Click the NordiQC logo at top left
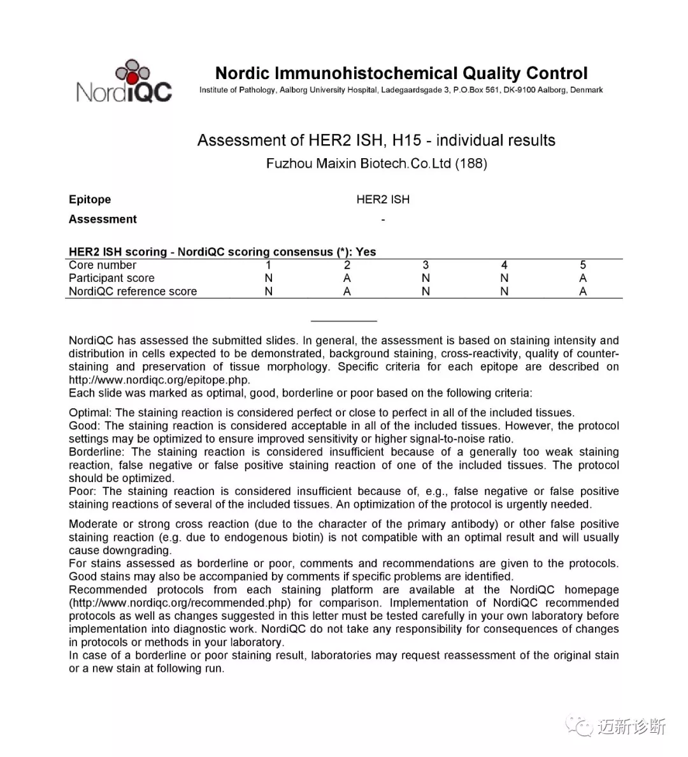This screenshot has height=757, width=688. (x=124, y=82)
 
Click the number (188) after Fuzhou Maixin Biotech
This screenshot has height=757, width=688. (x=471, y=163)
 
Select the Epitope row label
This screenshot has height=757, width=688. (x=90, y=200)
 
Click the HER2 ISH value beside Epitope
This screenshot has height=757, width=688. (x=383, y=200)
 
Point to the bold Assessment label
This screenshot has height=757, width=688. (x=103, y=219)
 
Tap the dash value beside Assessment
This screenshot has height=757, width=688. (x=383, y=220)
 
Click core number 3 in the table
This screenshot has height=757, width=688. (x=426, y=265)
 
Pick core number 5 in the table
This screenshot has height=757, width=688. (x=583, y=265)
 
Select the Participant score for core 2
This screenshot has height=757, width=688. (x=347, y=278)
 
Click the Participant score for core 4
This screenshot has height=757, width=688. (x=505, y=278)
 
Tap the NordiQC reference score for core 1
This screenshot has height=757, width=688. (x=268, y=291)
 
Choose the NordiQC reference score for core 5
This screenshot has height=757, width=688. (x=583, y=291)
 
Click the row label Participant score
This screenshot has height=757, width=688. (x=111, y=278)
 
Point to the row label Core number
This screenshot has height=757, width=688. (x=103, y=265)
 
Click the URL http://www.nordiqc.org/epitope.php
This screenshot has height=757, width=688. (x=159, y=380)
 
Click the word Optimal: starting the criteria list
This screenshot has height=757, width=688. (x=90, y=413)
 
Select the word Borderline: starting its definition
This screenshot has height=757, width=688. (x=97, y=452)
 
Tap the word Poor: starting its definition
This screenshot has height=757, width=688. (x=83, y=491)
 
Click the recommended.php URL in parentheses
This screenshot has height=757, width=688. (x=180, y=603)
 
